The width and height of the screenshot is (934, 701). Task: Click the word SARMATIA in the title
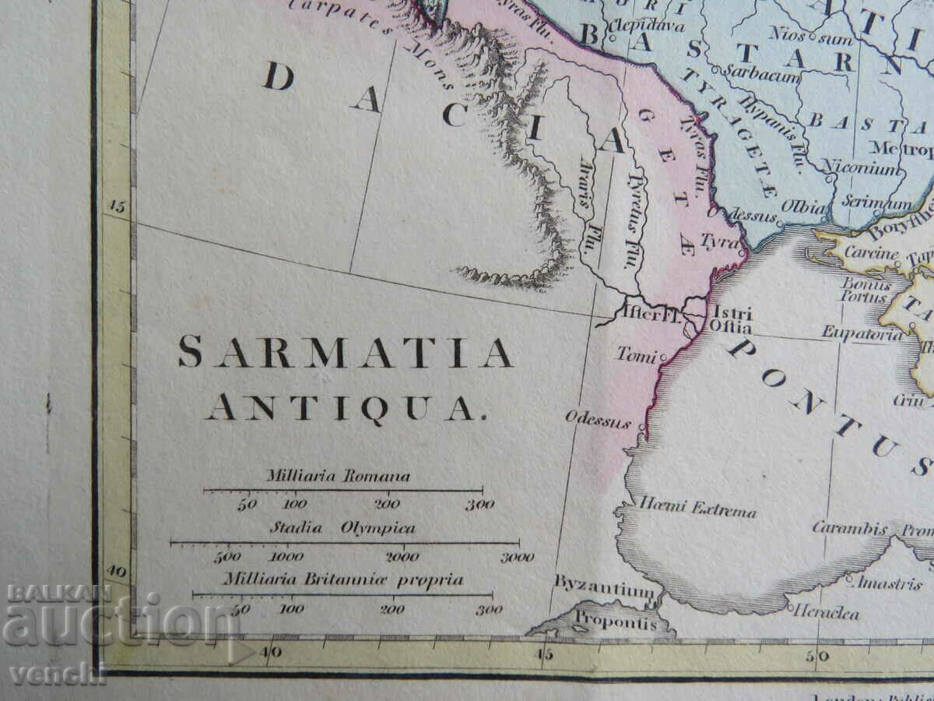(345, 353)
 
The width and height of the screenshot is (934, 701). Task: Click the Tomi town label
(637, 355)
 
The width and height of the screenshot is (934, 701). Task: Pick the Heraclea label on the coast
(827, 613)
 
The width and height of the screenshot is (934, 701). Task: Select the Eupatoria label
(863, 334)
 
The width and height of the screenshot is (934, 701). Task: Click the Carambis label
(849, 528)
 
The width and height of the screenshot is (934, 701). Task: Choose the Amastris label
(890, 583)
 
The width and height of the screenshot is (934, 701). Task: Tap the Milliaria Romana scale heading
(338, 476)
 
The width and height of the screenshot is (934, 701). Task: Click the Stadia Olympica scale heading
(342, 528)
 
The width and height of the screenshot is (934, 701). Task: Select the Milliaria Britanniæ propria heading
(342, 580)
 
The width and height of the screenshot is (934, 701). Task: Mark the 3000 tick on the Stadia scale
(517, 557)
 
